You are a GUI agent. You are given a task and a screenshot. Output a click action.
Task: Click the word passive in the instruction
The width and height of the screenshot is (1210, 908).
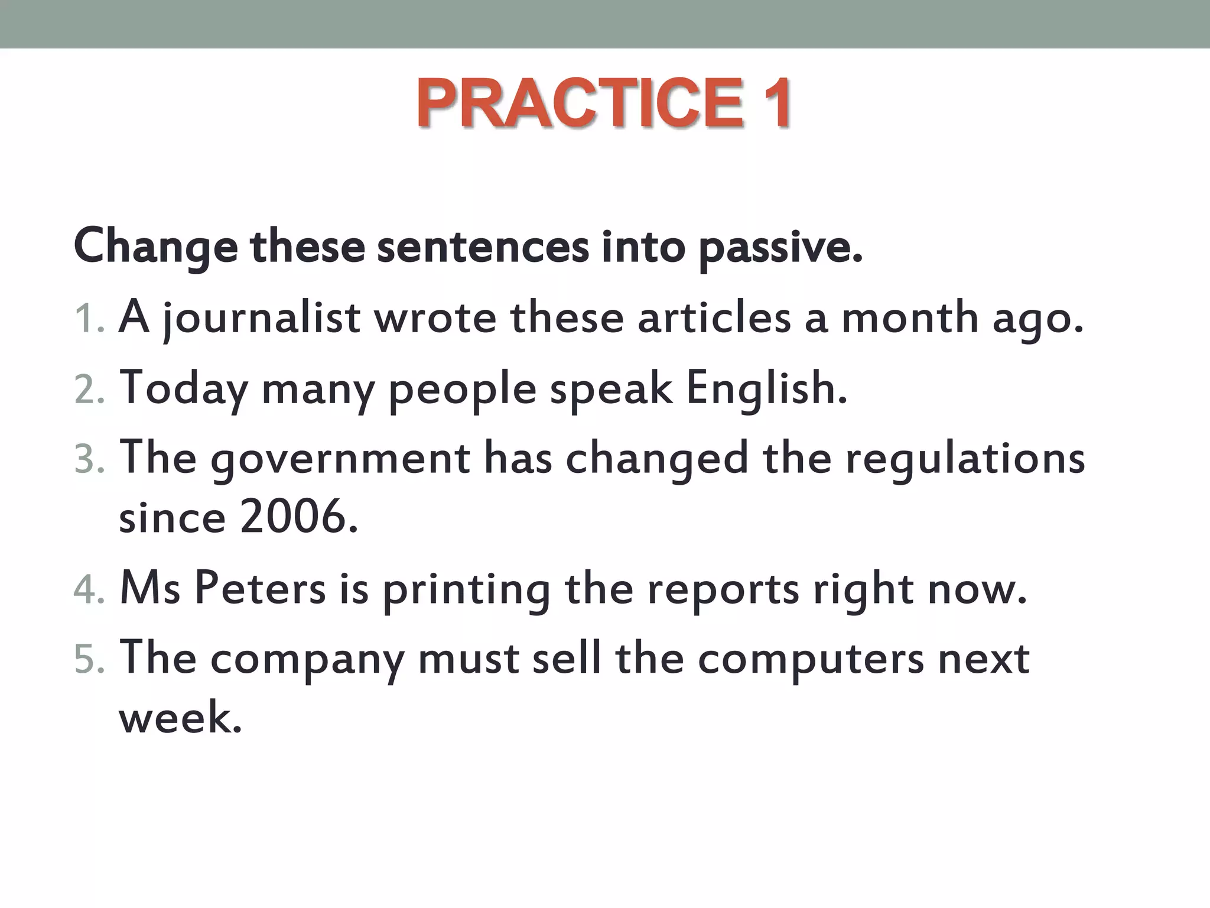coord(779,247)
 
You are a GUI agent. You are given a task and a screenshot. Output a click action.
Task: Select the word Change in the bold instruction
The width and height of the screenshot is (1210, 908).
coord(155,247)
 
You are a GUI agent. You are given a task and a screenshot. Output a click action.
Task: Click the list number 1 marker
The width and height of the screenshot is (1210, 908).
coord(89,319)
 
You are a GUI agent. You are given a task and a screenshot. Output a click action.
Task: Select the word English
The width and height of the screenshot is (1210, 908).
coord(766,389)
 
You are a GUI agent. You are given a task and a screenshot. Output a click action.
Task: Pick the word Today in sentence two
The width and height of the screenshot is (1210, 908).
coord(184,389)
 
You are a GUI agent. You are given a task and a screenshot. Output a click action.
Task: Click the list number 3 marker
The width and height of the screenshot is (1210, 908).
coord(89,460)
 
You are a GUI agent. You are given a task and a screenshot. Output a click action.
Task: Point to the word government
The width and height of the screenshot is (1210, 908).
coord(340,460)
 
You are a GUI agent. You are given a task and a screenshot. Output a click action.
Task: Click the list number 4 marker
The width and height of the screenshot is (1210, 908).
coord(89,590)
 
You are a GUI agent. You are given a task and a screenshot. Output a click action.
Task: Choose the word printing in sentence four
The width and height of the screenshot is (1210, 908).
coord(466,590)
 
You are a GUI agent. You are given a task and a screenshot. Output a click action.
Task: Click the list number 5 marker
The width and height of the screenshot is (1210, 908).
coord(89,660)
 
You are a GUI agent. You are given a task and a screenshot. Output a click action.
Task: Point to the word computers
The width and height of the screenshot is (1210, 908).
coord(810,660)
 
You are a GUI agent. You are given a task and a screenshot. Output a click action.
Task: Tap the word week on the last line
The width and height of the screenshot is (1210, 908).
coord(180,718)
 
